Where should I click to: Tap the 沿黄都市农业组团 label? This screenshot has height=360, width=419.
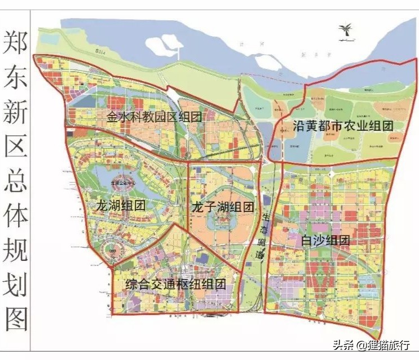343,126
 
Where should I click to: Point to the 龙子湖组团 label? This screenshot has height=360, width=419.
222,207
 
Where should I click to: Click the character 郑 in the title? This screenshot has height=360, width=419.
16,42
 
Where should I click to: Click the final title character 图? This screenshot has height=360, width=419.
16,322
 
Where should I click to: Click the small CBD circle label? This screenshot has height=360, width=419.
113,250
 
